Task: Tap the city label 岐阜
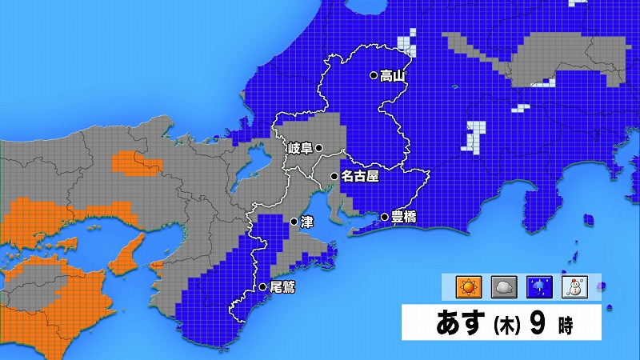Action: pyautogui.click(x=300, y=148)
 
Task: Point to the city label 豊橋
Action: pyautogui.click(x=404, y=217)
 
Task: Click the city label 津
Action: pyautogui.click(x=306, y=222)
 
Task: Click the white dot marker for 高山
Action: pyautogui.click(x=373, y=76)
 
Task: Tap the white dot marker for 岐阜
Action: pyautogui.click(x=318, y=148)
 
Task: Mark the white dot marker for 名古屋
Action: pyautogui.click(x=334, y=176)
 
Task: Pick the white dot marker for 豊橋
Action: pyautogui.click(x=384, y=217)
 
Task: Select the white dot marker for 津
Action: pyautogui.click(x=294, y=222)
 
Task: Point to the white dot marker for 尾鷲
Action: pyautogui.click(x=262, y=286)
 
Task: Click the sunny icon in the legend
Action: pyautogui.click(x=466, y=286)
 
